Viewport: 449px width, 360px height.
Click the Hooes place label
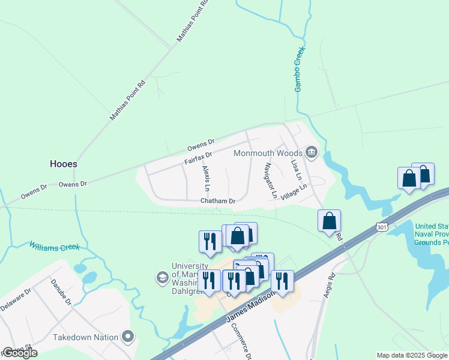point(63,163)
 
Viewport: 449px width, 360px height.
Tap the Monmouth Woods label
point(268,152)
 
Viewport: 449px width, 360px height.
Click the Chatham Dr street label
point(217,201)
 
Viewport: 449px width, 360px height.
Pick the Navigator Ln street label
point(270,180)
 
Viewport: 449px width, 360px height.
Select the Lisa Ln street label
point(295,170)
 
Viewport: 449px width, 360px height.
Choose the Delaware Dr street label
point(16,299)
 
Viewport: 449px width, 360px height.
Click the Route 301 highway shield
point(382,227)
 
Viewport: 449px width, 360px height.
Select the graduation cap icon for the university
point(162,277)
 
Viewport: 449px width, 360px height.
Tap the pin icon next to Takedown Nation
point(127,337)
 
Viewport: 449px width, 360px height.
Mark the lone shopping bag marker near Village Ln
point(329,220)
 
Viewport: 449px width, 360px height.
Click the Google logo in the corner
point(19,353)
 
